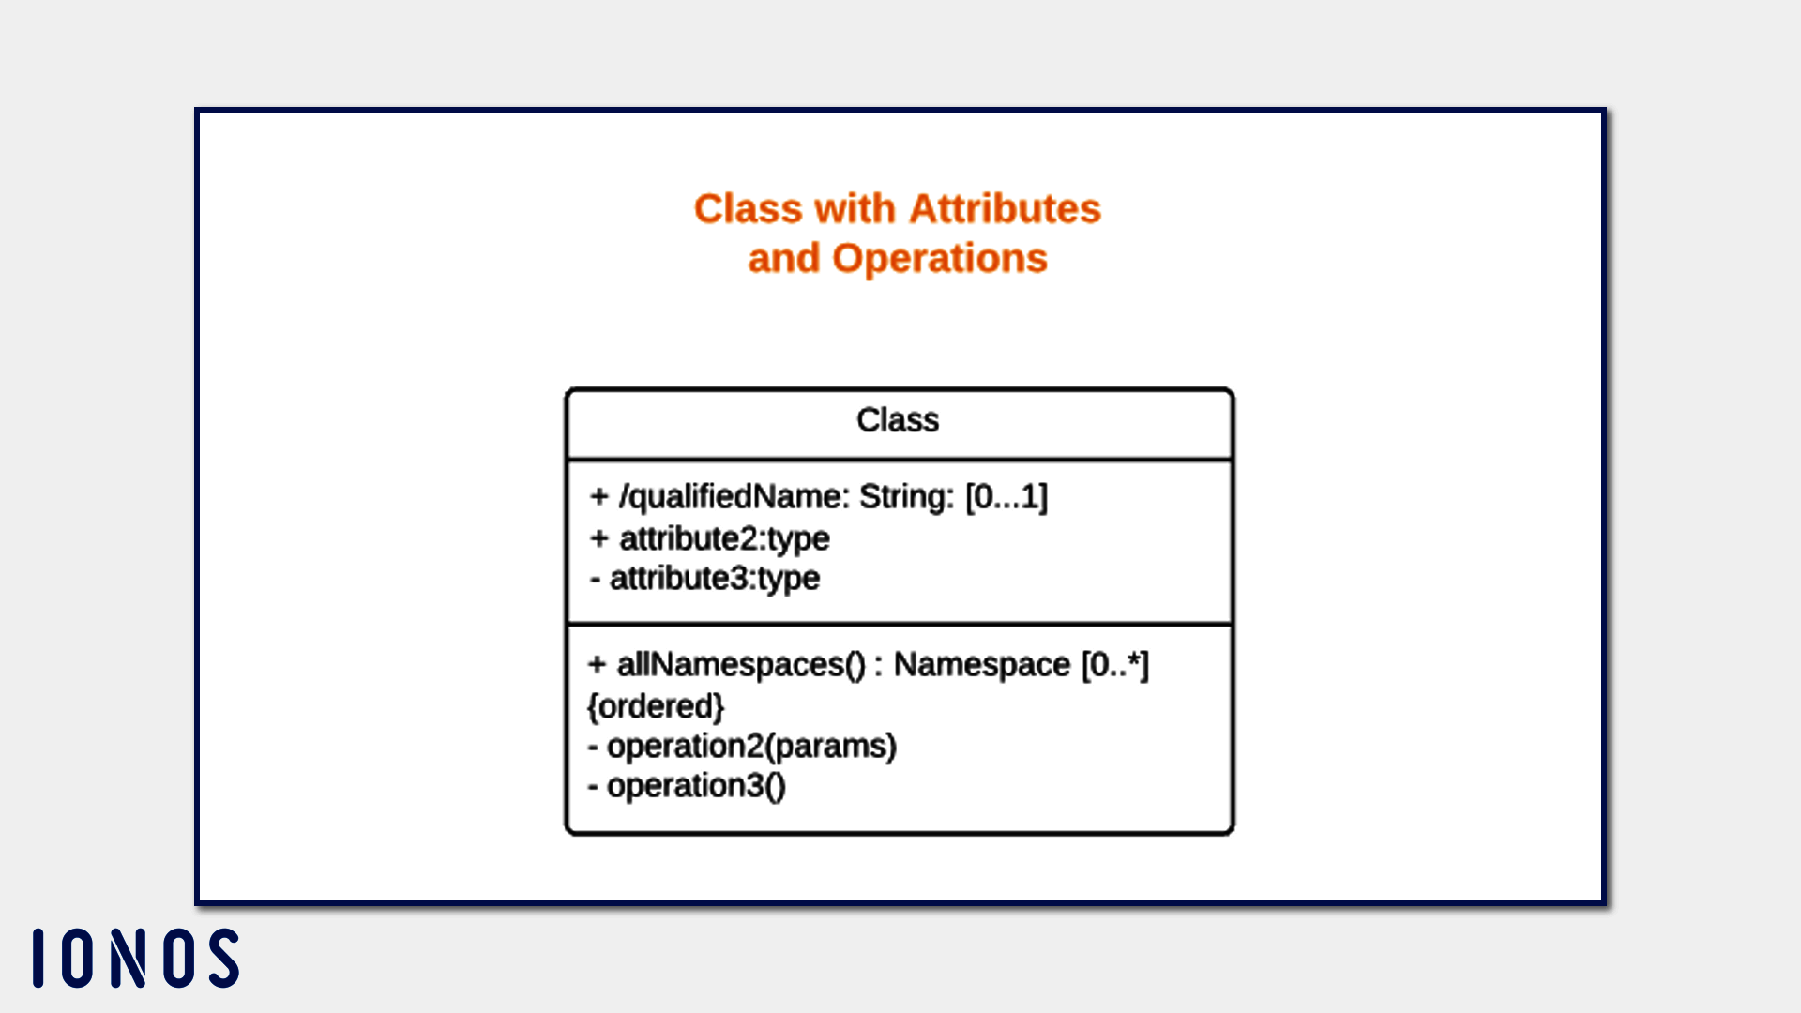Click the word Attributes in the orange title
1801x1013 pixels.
pos(1005,208)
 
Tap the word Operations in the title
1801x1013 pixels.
pos(940,258)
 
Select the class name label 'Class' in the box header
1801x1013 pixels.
pos(898,420)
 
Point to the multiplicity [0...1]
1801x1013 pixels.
pos(1006,496)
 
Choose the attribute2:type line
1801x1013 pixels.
pos(710,538)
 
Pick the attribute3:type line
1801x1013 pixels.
pos(705,579)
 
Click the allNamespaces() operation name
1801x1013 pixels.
pos(741,665)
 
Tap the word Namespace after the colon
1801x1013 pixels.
pos(981,665)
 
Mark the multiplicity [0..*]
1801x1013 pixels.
pos(1115,665)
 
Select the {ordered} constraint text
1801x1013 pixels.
pos(656,706)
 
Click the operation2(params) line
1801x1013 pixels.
pos(743,747)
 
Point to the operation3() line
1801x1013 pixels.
pos(688,786)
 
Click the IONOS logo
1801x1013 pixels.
pos(136,958)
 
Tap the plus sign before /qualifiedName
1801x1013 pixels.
pos(599,496)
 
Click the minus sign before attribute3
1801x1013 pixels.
pos(595,580)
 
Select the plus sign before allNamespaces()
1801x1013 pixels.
pos(598,665)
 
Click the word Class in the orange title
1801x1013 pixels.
pos(749,208)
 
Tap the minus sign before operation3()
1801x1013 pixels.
pos(593,787)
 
